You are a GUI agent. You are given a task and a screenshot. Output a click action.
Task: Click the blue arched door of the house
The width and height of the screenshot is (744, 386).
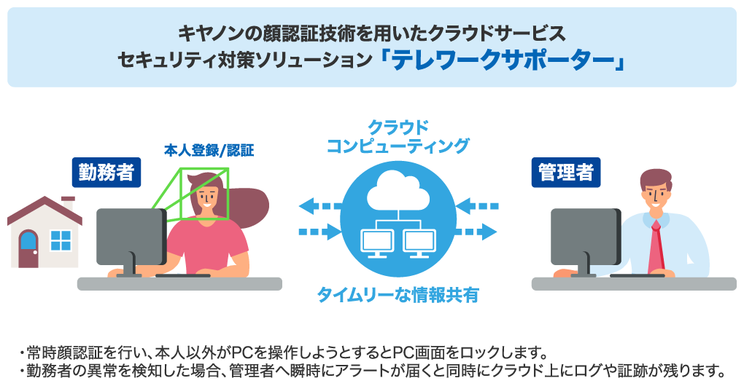[28, 248]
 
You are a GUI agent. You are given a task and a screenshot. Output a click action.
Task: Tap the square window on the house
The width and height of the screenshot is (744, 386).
[61, 240]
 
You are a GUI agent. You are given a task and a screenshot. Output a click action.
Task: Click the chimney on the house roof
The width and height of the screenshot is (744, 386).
[69, 203]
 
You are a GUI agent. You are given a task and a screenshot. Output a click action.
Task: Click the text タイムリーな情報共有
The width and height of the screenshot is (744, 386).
[398, 294]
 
